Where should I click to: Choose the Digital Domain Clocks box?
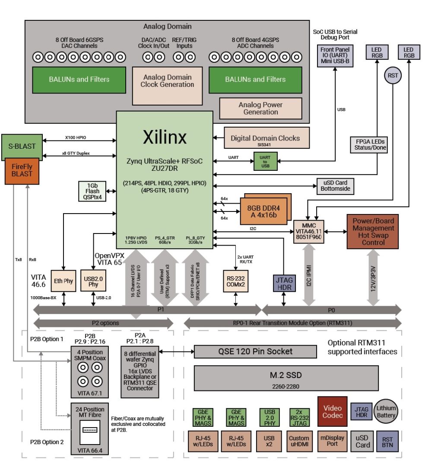click(x=265, y=138)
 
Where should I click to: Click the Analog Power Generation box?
click(x=260, y=109)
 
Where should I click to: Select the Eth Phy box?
click(x=63, y=281)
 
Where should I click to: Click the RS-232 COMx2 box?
click(x=235, y=281)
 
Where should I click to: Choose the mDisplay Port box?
click(x=333, y=441)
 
